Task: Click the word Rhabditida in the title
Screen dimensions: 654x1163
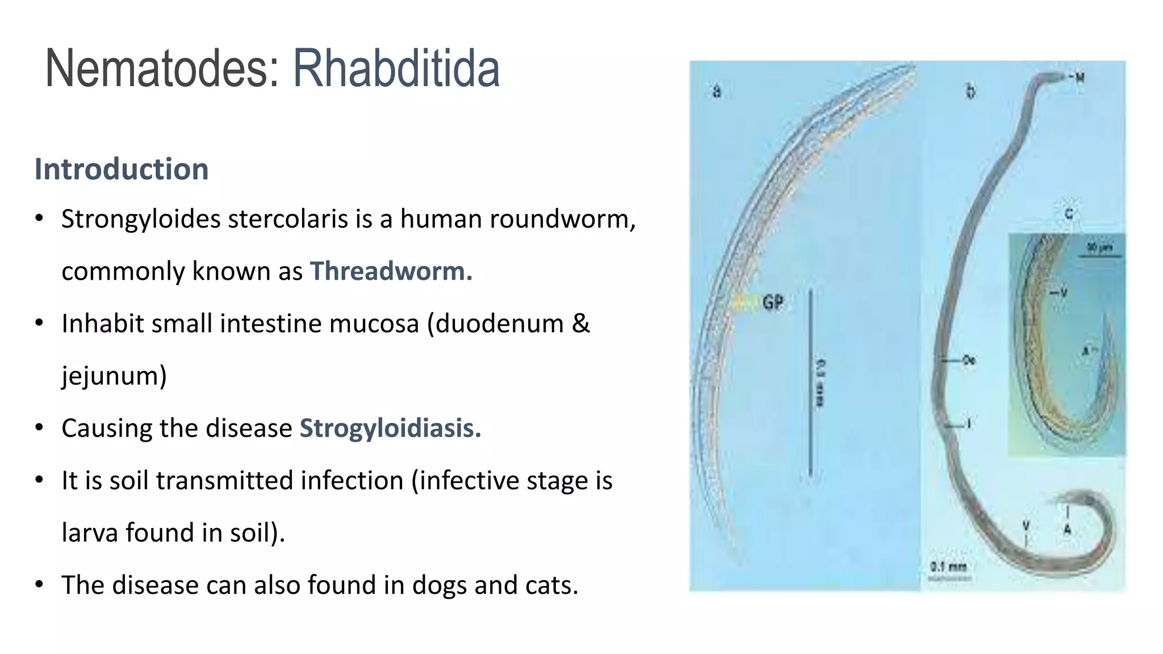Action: [x=396, y=69]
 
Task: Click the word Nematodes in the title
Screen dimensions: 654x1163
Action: [x=162, y=69]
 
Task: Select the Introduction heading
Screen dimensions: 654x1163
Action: [x=122, y=169]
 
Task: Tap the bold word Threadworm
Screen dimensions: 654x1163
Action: [x=391, y=271]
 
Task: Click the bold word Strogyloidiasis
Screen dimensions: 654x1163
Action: [x=390, y=428]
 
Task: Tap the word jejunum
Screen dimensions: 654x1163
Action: [x=114, y=376]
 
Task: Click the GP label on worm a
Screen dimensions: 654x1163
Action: [x=772, y=303]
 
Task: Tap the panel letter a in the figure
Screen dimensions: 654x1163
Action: [x=717, y=91]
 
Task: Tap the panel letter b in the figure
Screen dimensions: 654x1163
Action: [x=970, y=91]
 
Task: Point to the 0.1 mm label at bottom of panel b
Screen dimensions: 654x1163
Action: [x=948, y=567]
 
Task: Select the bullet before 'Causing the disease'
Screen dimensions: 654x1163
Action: [x=39, y=428]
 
